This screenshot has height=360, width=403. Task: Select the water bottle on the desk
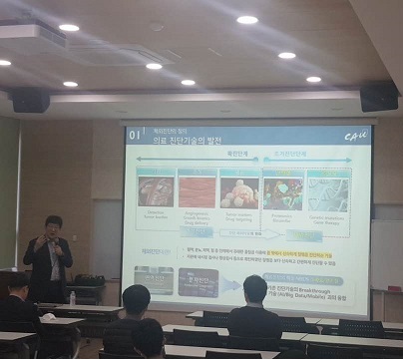(73, 297)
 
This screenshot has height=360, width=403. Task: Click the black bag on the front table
(89, 282)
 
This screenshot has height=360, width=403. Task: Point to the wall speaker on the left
(31, 101)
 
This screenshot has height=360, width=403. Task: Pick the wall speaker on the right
(379, 97)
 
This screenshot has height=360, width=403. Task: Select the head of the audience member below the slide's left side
(136, 299)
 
